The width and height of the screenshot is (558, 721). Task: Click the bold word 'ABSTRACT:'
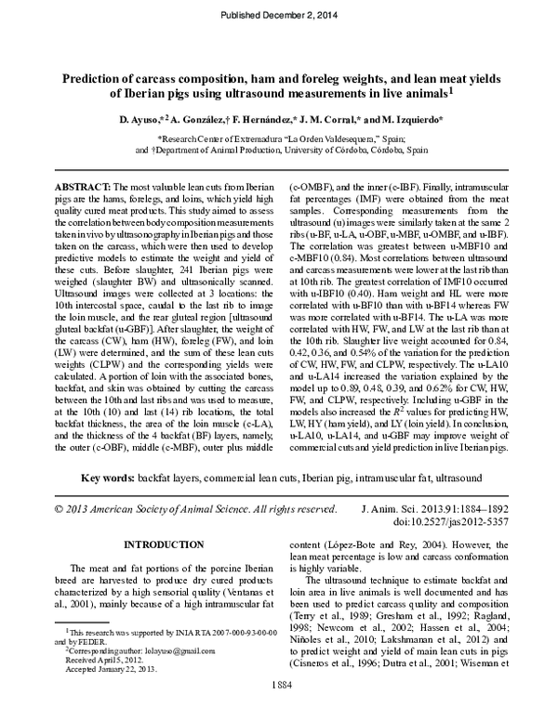pyautogui.click(x=84, y=187)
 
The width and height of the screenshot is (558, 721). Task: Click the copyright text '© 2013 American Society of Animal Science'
pyautogui.click(x=163, y=508)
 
